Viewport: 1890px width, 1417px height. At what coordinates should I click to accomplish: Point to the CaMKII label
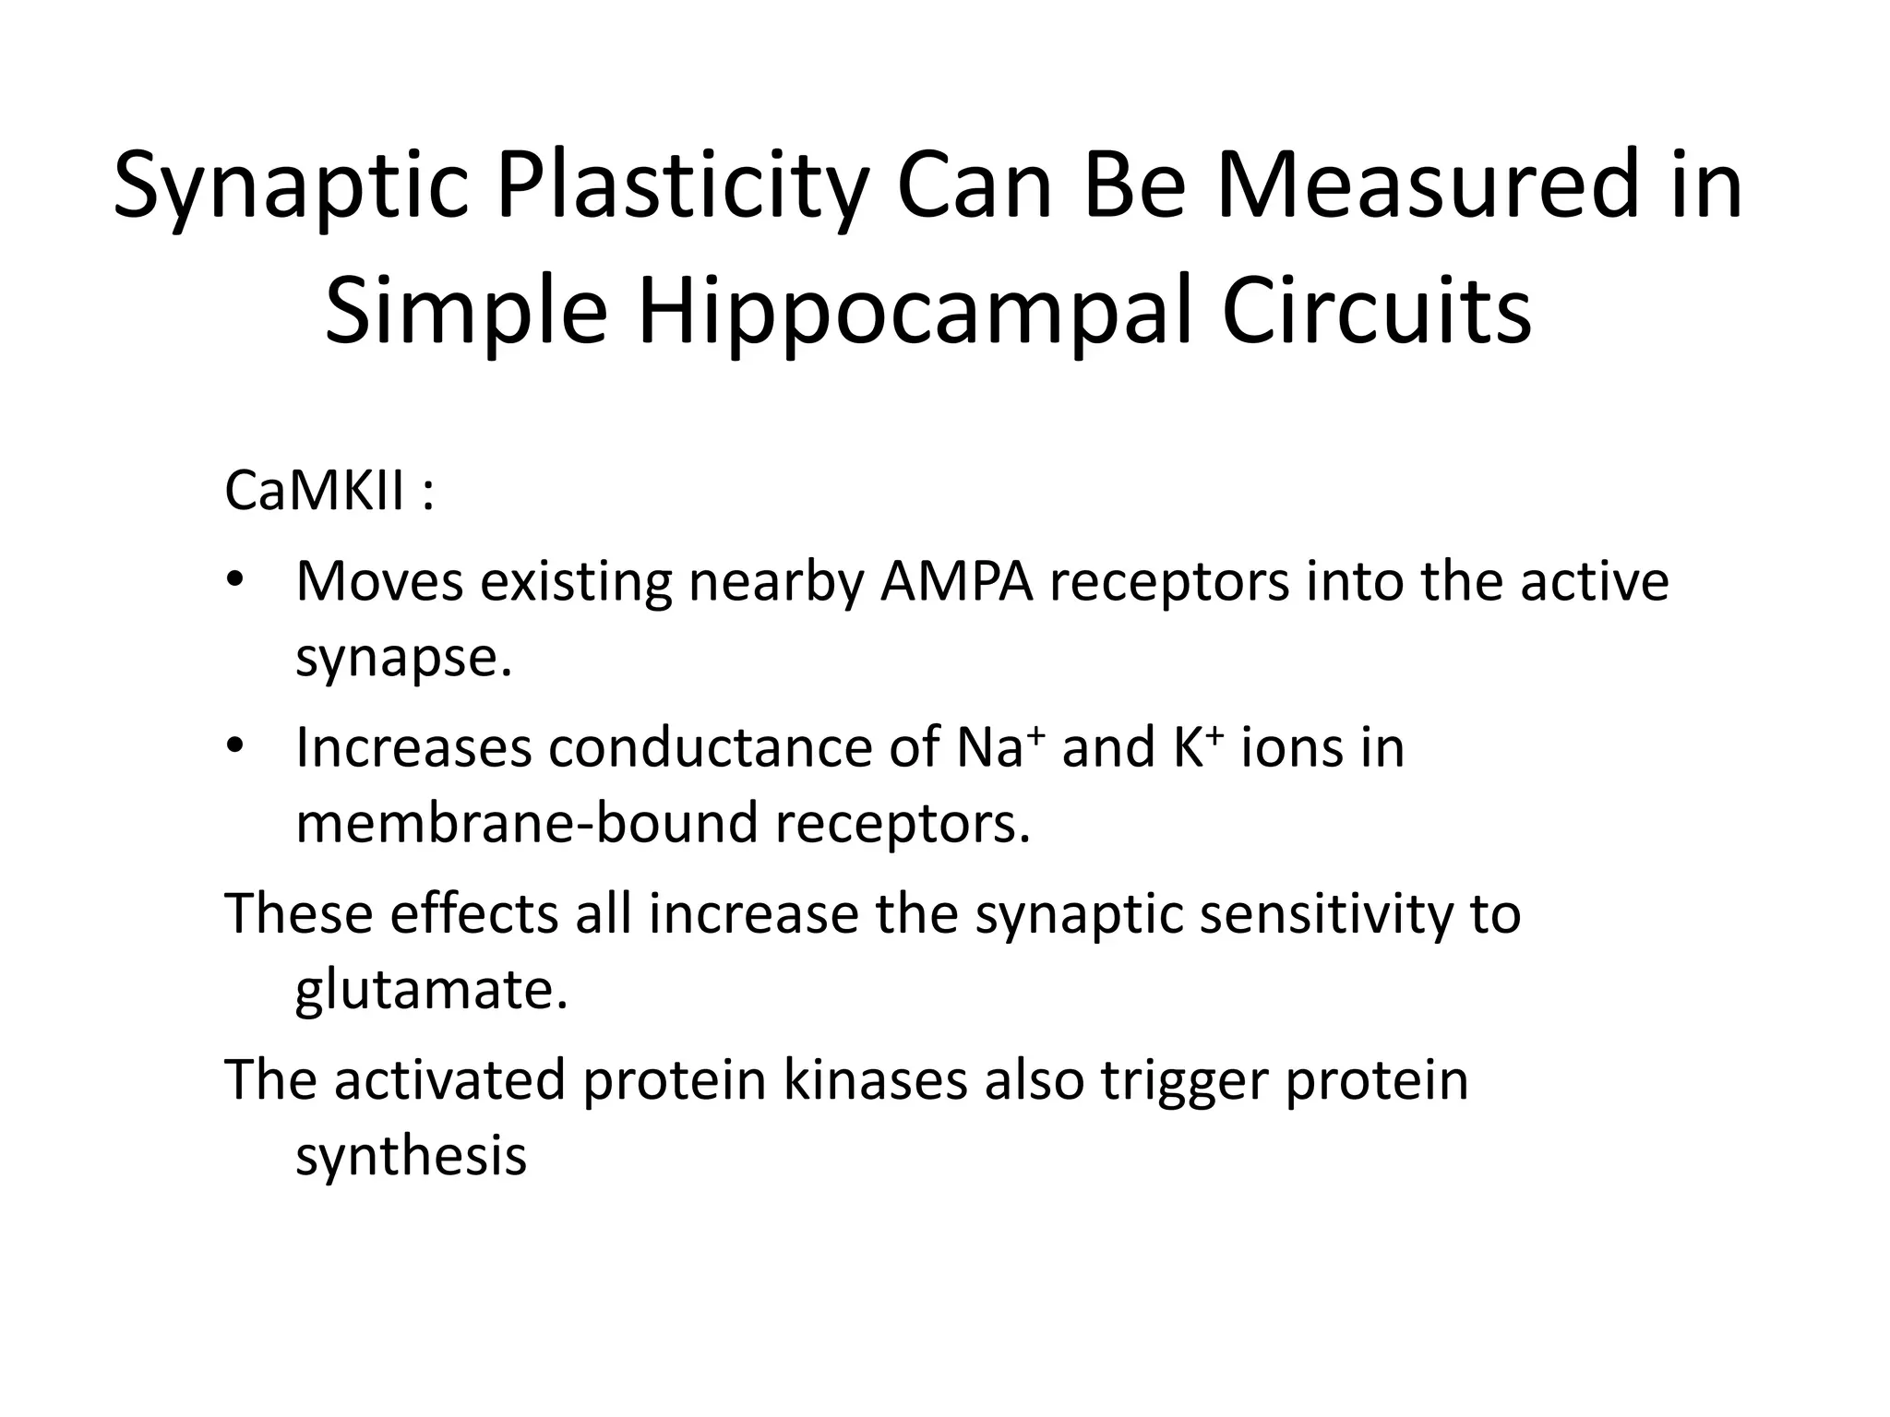[x=314, y=491]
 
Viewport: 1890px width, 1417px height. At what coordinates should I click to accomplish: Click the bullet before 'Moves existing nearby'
[x=234, y=580]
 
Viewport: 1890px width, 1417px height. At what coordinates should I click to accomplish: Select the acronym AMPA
[x=956, y=582]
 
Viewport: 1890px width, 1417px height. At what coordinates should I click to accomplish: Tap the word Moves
[x=379, y=582]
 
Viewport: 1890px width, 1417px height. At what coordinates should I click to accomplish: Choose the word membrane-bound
[x=525, y=823]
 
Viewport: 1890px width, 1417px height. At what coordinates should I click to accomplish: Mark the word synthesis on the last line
[x=411, y=1155]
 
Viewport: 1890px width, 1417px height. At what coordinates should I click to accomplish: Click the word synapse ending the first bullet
[x=402, y=659]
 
